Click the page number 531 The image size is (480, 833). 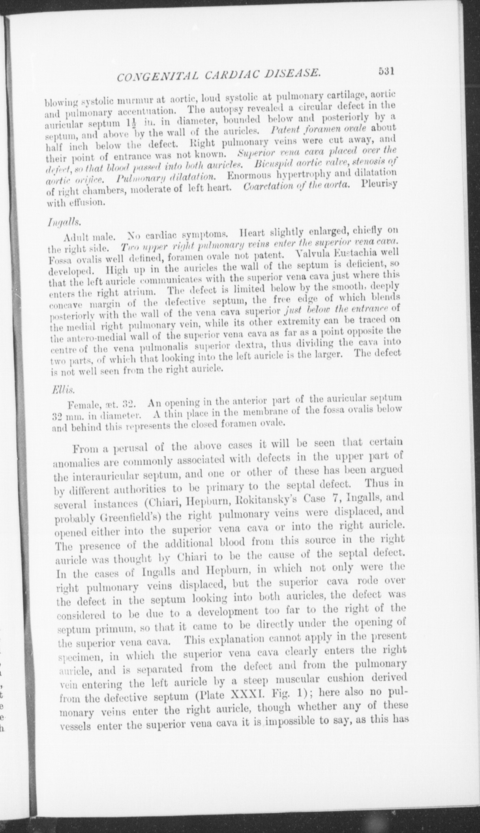point(386,72)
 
